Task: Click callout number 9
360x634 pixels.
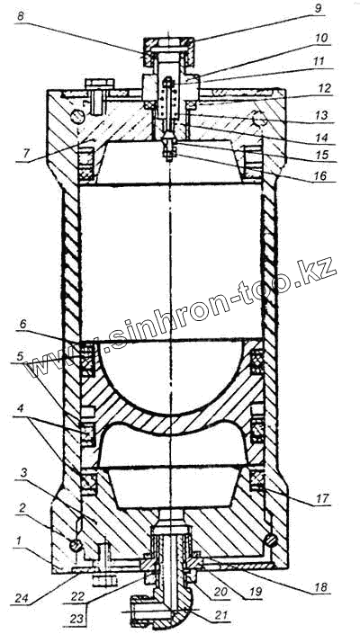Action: click(x=319, y=9)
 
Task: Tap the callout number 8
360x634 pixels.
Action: click(x=20, y=17)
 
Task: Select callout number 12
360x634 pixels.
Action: click(x=325, y=88)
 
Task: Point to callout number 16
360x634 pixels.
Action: click(x=324, y=176)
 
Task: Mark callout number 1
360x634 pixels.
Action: click(x=17, y=539)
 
